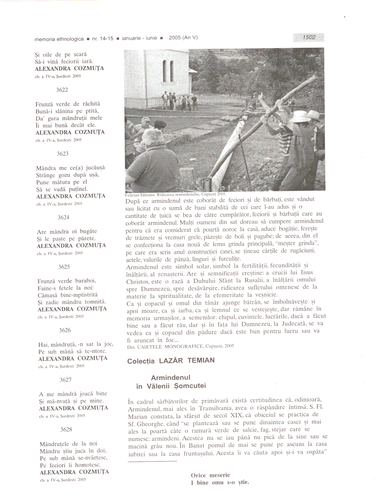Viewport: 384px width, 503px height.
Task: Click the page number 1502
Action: [x=309, y=37]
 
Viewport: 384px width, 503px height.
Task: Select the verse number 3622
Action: [x=62, y=90]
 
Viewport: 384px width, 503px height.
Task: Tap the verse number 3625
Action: [x=64, y=267]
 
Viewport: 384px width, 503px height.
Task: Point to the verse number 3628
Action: [x=66, y=430]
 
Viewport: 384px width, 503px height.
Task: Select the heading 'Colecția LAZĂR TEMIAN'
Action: [x=171, y=361]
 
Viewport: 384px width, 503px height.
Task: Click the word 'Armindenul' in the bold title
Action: [x=170, y=378]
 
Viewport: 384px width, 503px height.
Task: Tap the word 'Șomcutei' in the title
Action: [x=190, y=386]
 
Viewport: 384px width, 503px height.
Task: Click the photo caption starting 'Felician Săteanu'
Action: [x=176, y=194]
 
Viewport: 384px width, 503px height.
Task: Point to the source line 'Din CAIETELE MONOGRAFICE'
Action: [x=180, y=346]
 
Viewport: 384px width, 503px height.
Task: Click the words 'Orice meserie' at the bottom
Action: [x=210, y=475]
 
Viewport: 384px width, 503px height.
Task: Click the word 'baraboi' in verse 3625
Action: [x=85, y=281]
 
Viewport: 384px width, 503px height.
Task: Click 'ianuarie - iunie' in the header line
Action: [x=139, y=38]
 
